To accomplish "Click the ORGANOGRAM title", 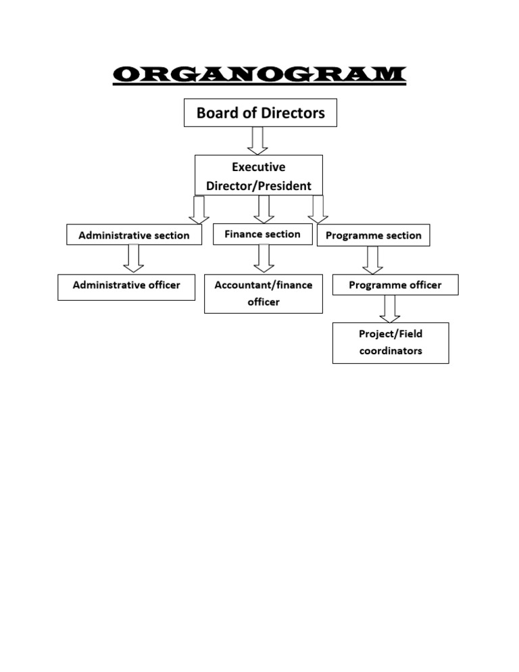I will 259,74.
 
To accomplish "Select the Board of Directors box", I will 260,113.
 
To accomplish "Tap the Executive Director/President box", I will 259,176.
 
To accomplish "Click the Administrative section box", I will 134,235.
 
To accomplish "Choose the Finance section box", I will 262,234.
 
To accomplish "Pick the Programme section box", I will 373,235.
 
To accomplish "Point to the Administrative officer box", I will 126,285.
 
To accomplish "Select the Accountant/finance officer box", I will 263,293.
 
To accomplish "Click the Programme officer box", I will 395,285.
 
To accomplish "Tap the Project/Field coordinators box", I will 391,343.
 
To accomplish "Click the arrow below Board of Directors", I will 258,141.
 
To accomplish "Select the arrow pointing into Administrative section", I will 199,210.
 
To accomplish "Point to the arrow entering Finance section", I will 265,210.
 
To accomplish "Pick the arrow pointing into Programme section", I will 318,210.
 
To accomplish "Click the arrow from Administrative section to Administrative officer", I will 134,258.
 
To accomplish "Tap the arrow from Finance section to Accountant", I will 265,258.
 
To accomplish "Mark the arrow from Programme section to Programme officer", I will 372,260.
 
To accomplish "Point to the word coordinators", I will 391,351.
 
